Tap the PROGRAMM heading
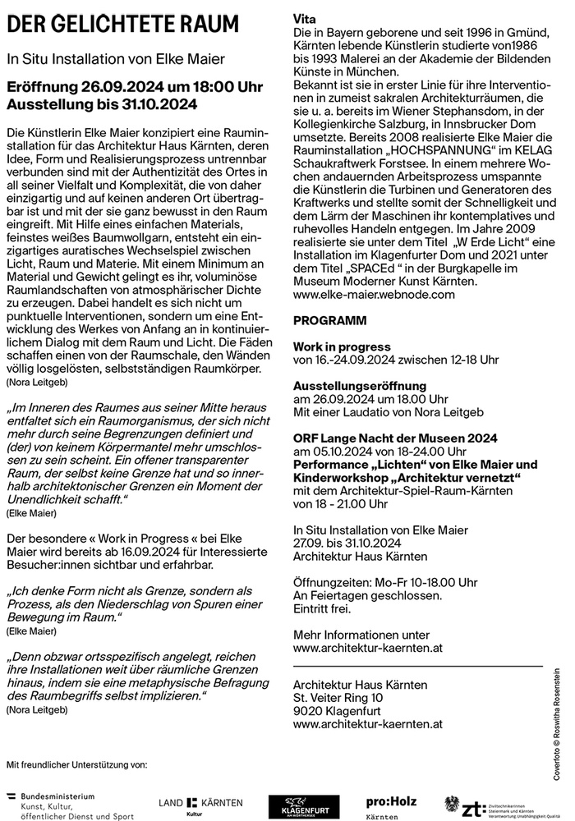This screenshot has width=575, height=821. (x=330, y=319)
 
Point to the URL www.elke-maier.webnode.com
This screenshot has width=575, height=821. (x=374, y=293)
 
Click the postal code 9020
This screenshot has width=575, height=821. (x=310, y=710)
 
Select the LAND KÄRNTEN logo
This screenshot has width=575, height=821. (x=195, y=804)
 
